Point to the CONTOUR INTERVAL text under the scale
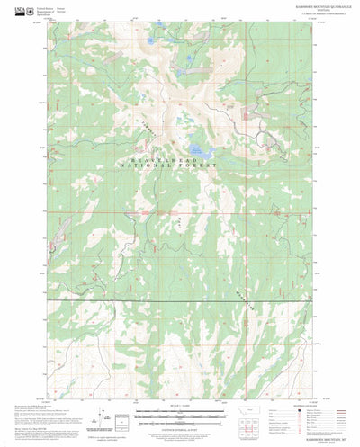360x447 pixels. pyautogui.click(x=180, y=430)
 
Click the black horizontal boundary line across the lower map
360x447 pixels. pyautogui.click(x=180, y=299)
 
